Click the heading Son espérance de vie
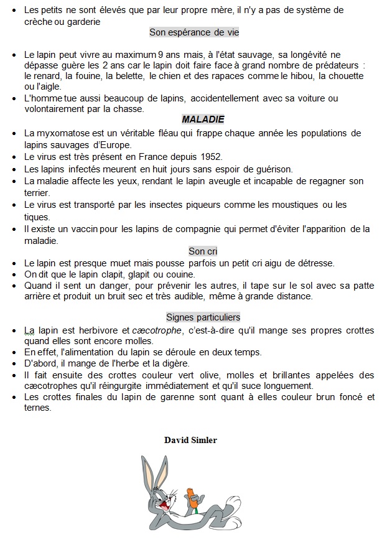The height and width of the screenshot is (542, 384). [x=194, y=32]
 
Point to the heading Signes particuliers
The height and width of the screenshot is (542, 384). [x=203, y=317]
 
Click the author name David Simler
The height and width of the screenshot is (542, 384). [x=190, y=440]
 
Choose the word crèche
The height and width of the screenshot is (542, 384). [x=40, y=22]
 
